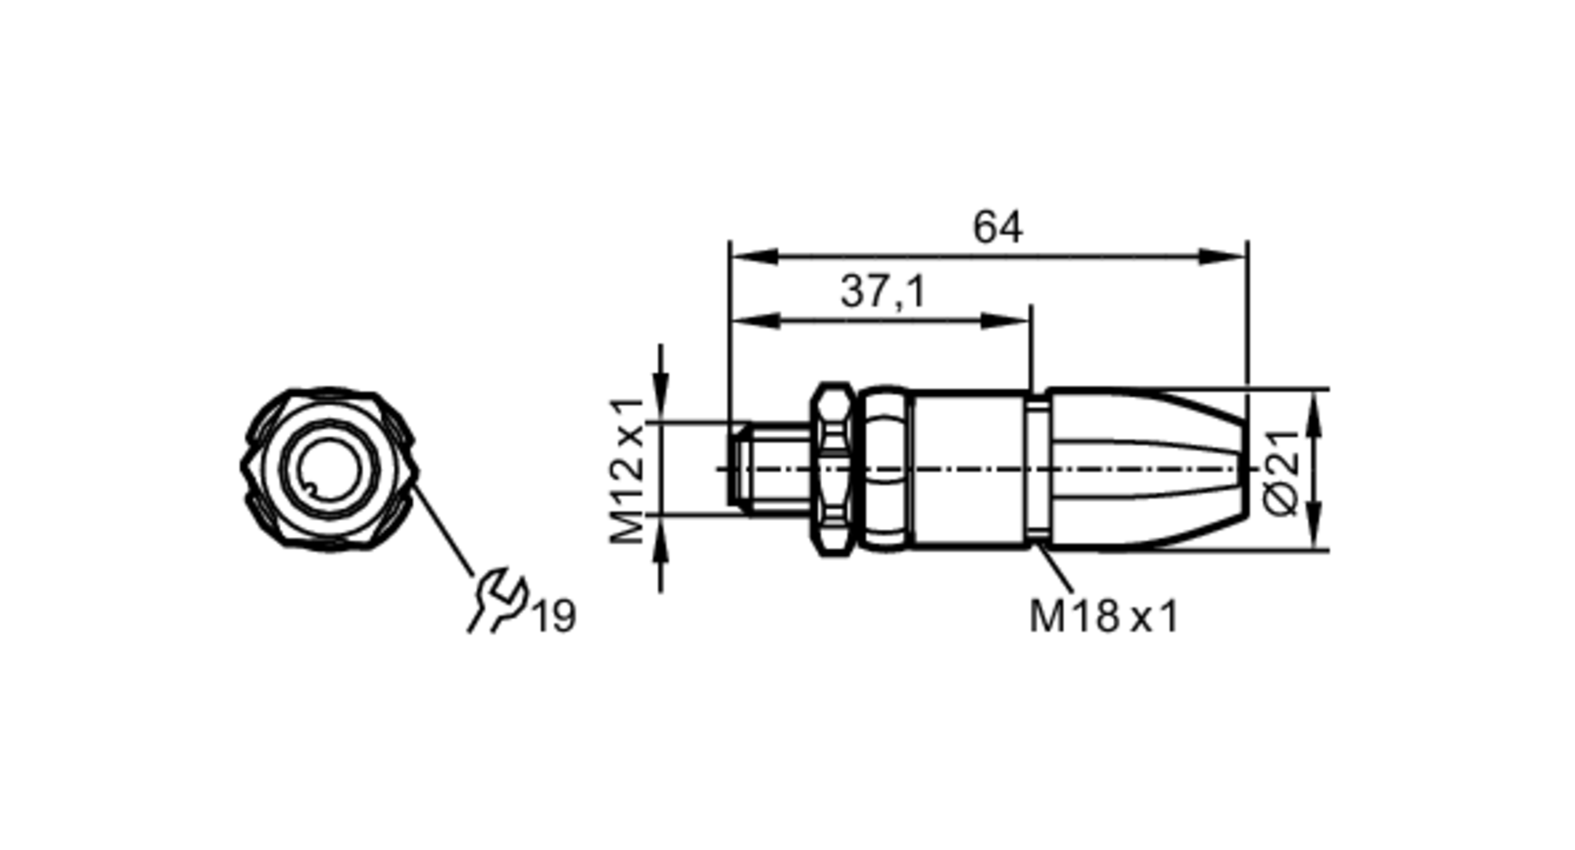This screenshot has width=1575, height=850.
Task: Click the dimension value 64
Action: [x=998, y=227]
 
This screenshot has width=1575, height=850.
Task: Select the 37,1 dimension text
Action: [x=883, y=292]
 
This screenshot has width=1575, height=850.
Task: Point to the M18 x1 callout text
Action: [x=1103, y=616]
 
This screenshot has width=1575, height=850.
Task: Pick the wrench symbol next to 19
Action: [x=497, y=601]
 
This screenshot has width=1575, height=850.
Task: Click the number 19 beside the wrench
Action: [x=555, y=616]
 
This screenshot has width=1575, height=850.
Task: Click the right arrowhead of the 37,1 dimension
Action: [x=1006, y=320]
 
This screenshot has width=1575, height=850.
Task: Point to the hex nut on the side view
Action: [x=834, y=470]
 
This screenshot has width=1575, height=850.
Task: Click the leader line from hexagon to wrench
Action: [x=443, y=527]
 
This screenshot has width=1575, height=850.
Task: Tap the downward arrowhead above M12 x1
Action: [x=661, y=401]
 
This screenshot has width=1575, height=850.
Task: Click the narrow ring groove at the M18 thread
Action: [x=1038, y=470]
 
